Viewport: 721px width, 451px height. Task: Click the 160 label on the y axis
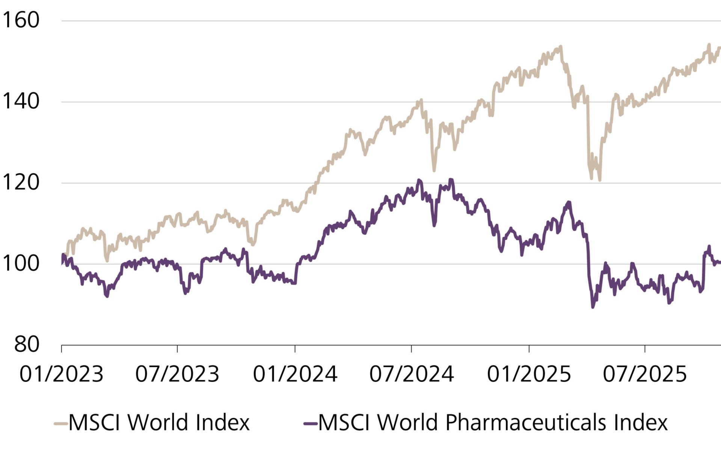coord(20,20)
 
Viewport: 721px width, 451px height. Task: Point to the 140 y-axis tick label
coord(20,101)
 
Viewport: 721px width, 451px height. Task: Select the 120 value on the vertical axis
coord(20,183)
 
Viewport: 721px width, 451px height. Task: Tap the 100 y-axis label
coord(20,263)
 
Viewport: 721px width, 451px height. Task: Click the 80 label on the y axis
coord(26,344)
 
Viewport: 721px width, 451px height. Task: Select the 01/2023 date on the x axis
coord(61,374)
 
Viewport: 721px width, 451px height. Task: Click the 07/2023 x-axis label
coord(177,374)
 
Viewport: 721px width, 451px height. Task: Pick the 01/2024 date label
coord(295,374)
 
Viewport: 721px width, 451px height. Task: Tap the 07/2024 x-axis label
coord(412,374)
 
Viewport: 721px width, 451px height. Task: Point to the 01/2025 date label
coord(529,374)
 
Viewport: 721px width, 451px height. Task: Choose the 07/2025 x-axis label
coord(645,374)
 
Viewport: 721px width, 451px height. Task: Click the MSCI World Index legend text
coord(159,423)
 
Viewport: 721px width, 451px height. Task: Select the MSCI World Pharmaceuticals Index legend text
coord(493,423)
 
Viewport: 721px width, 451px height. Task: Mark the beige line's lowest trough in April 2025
coord(600,180)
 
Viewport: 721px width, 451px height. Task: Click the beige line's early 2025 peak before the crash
coord(561,47)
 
